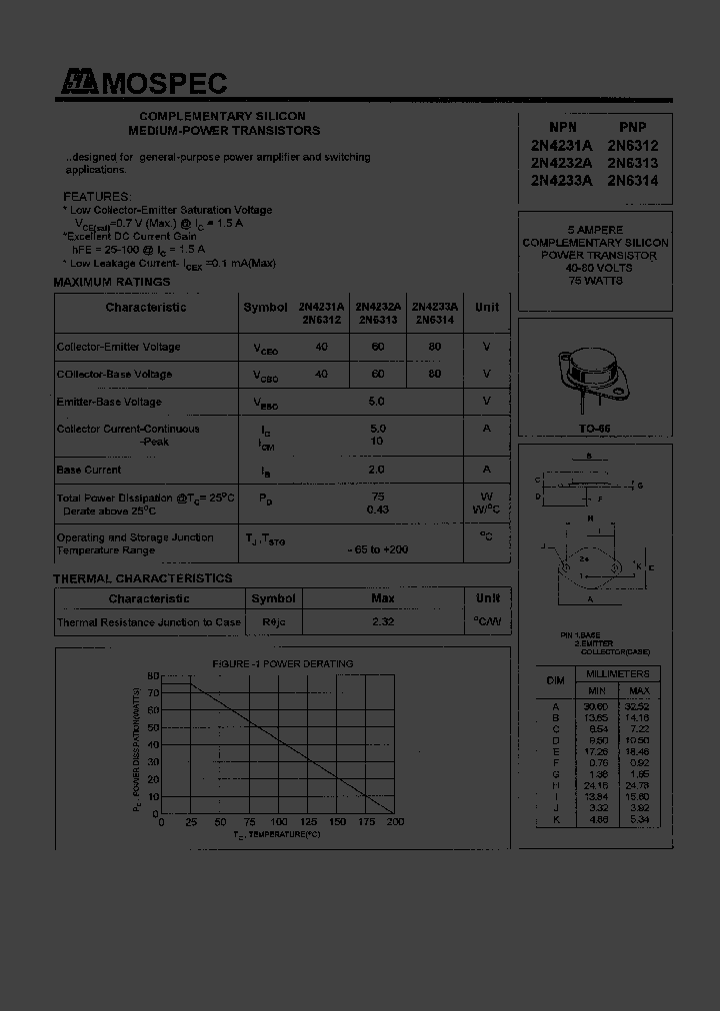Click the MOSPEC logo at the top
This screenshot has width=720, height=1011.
[x=142, y=84]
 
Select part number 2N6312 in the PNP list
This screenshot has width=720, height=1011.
[x=632, y=145]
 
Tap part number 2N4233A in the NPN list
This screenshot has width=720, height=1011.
[x=561, y=181]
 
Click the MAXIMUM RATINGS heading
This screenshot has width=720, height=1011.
[x=111, y=283]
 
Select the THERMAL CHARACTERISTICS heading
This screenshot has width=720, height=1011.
[x=142, y=578]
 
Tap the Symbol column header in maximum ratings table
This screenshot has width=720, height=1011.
[x=265, y=308]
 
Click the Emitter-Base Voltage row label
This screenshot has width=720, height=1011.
[x=109, y=402]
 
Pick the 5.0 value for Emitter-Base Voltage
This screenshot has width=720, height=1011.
[x=377, y=402]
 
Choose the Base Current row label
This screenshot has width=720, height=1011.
[x=89, y=470]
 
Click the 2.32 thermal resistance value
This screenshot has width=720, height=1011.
[x=382, y=622]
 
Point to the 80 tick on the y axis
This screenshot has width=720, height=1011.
[x=153, y=676]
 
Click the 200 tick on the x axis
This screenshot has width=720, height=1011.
[x=395, y=822]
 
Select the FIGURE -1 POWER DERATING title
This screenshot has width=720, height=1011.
[x=282, y=663]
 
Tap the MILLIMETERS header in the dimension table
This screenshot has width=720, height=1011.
[x=617, y=673]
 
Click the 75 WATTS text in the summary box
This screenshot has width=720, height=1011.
[x=595, y=281]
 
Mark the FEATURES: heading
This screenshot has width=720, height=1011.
[x=96, y=197]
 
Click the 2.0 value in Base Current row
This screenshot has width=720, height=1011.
[x=377, y=470]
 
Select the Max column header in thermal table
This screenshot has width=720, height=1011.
[x=382, y=598]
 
